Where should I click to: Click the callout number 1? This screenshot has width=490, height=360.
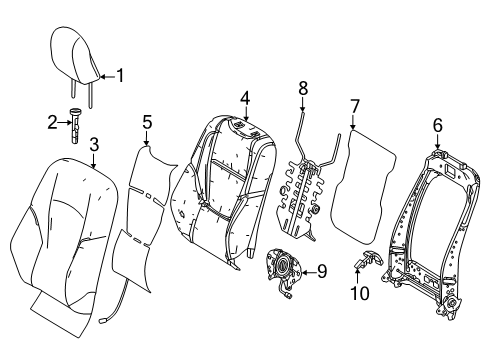tap(120, 74)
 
